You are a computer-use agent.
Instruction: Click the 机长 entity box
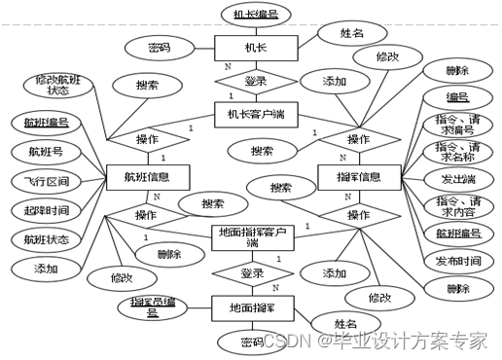[256, 48]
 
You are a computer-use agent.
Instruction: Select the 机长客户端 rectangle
[256, 115]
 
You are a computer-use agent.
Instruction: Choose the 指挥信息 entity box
[360, 178]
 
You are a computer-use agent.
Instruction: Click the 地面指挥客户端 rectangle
[252, 236]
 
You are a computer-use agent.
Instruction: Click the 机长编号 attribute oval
[256, 14]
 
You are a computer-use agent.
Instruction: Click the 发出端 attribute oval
[456, 178]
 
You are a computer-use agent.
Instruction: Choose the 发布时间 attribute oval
[456, 260]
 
